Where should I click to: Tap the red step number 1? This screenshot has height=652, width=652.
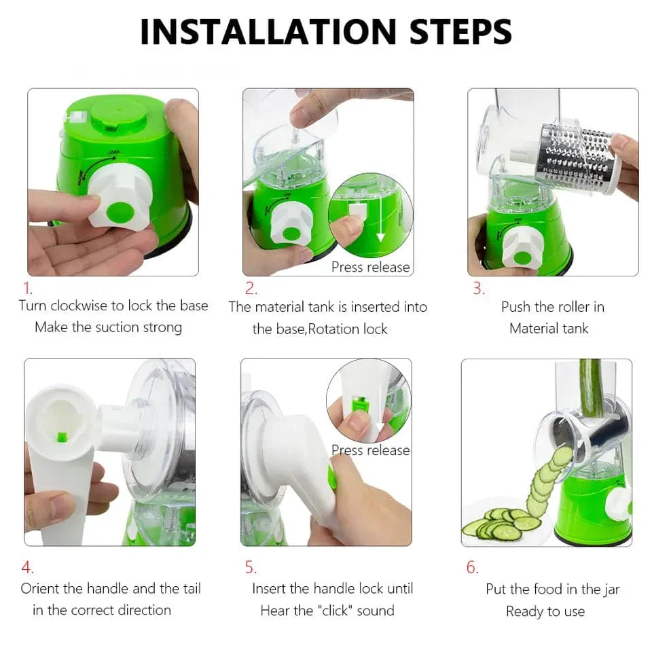[29, 288]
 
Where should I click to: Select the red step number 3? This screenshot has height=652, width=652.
[478, 288]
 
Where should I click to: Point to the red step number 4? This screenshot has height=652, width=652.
[27, 567]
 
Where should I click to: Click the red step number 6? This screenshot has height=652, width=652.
[472, 567]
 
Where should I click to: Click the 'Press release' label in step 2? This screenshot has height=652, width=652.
[370, 267]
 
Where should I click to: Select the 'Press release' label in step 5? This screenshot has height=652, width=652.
[370, 450]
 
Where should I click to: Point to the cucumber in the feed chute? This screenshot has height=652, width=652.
[590, 387]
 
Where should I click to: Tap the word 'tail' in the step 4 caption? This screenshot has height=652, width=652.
[188, 589]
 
